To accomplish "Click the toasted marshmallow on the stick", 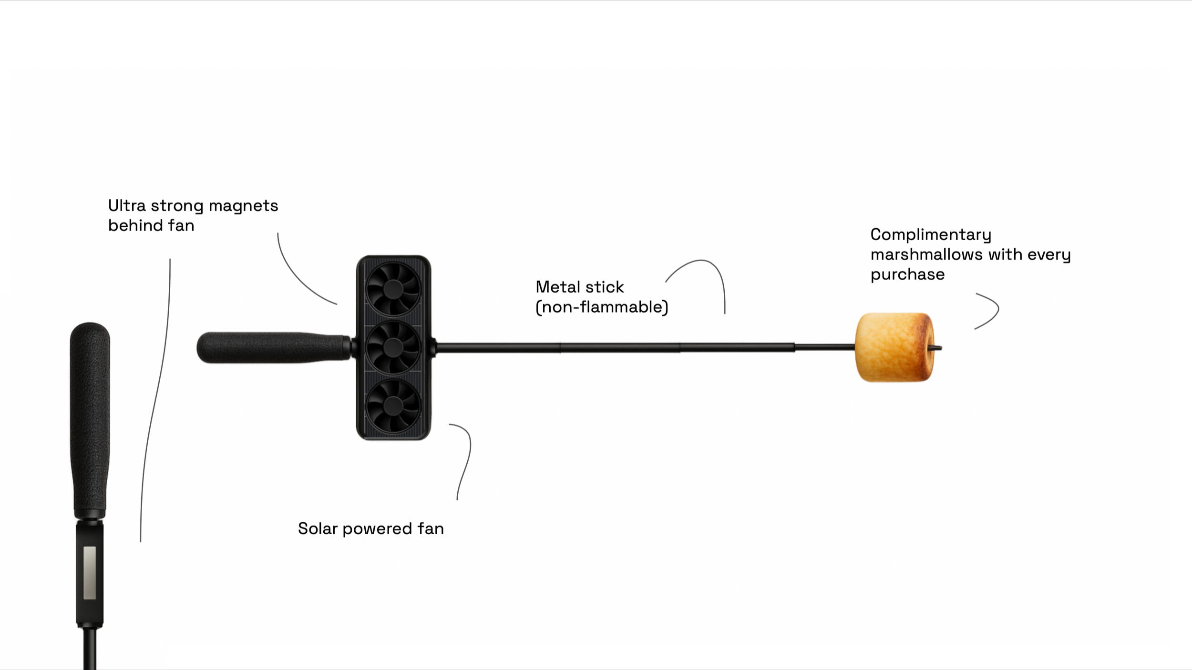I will pos(894,347).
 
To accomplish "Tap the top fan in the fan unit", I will pos(393,289).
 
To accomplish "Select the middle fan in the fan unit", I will pos(393,347).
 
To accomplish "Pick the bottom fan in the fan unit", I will pos(393,406).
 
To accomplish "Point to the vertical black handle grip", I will pos(90,419).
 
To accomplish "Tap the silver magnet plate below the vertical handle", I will pos(90,572).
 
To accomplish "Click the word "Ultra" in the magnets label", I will pos(126,206).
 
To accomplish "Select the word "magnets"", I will pos(243,206).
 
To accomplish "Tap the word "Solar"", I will pos(317,528).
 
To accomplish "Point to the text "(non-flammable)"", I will pos(602,307).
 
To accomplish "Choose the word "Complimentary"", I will pos(930,234).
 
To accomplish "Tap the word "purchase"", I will pos(907,275).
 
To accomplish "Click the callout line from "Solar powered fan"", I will pos(467,457).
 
